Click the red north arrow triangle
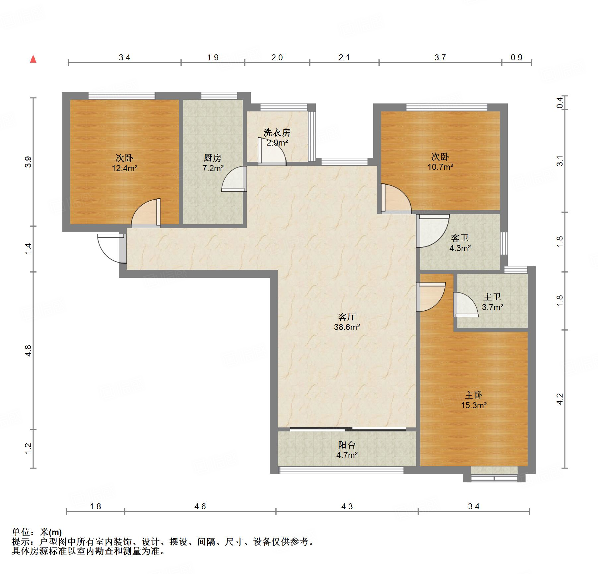click(x=33, y=59)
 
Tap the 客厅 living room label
click(x=347, y=317)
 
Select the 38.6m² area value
click(x=347, y=327)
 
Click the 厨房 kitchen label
click(x=213, y=158)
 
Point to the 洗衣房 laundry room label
click(x=277, y=133)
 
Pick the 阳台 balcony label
click(x=347, y=445)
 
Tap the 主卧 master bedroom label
click(x=474, y=395)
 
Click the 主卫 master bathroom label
click(x=492, y=297)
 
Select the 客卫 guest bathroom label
click(x=460, y=238)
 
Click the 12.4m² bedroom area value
click(x=125, y=168)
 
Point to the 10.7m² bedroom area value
click(x=440, y=167)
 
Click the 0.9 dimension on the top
click(x=516, y=58)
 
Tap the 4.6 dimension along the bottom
click(x=200, y=506)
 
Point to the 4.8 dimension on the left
click(x=28, y=351)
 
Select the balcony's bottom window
click(x=341, y=470)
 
